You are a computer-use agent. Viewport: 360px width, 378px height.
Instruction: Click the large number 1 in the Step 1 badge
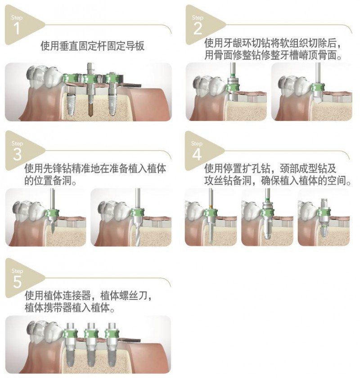(x=17, y=28)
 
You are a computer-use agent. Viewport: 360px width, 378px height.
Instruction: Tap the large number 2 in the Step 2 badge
(x=198, y=28)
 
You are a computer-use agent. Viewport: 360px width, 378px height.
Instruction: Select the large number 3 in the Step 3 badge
(x=17, y=155)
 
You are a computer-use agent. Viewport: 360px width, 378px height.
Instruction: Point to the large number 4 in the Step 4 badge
(x=197, y=155)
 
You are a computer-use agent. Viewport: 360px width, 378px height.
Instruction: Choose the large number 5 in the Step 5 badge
(x=18, y=282)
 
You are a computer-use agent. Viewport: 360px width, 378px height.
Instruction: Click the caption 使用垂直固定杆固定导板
(x=92, y=46)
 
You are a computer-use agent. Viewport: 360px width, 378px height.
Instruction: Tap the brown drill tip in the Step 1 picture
(x=91, y=111)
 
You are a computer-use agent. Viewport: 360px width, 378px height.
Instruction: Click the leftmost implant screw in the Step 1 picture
(x=70, y=104)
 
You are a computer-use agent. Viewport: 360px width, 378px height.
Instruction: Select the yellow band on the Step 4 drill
(x=211, y=207)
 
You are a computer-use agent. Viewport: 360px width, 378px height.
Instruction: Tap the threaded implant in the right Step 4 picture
(x=323, y=231)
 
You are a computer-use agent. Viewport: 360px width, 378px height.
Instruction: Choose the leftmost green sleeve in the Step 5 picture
(x=70, y=334)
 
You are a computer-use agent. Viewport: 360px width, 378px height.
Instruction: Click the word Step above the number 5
(x=17, y=271)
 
